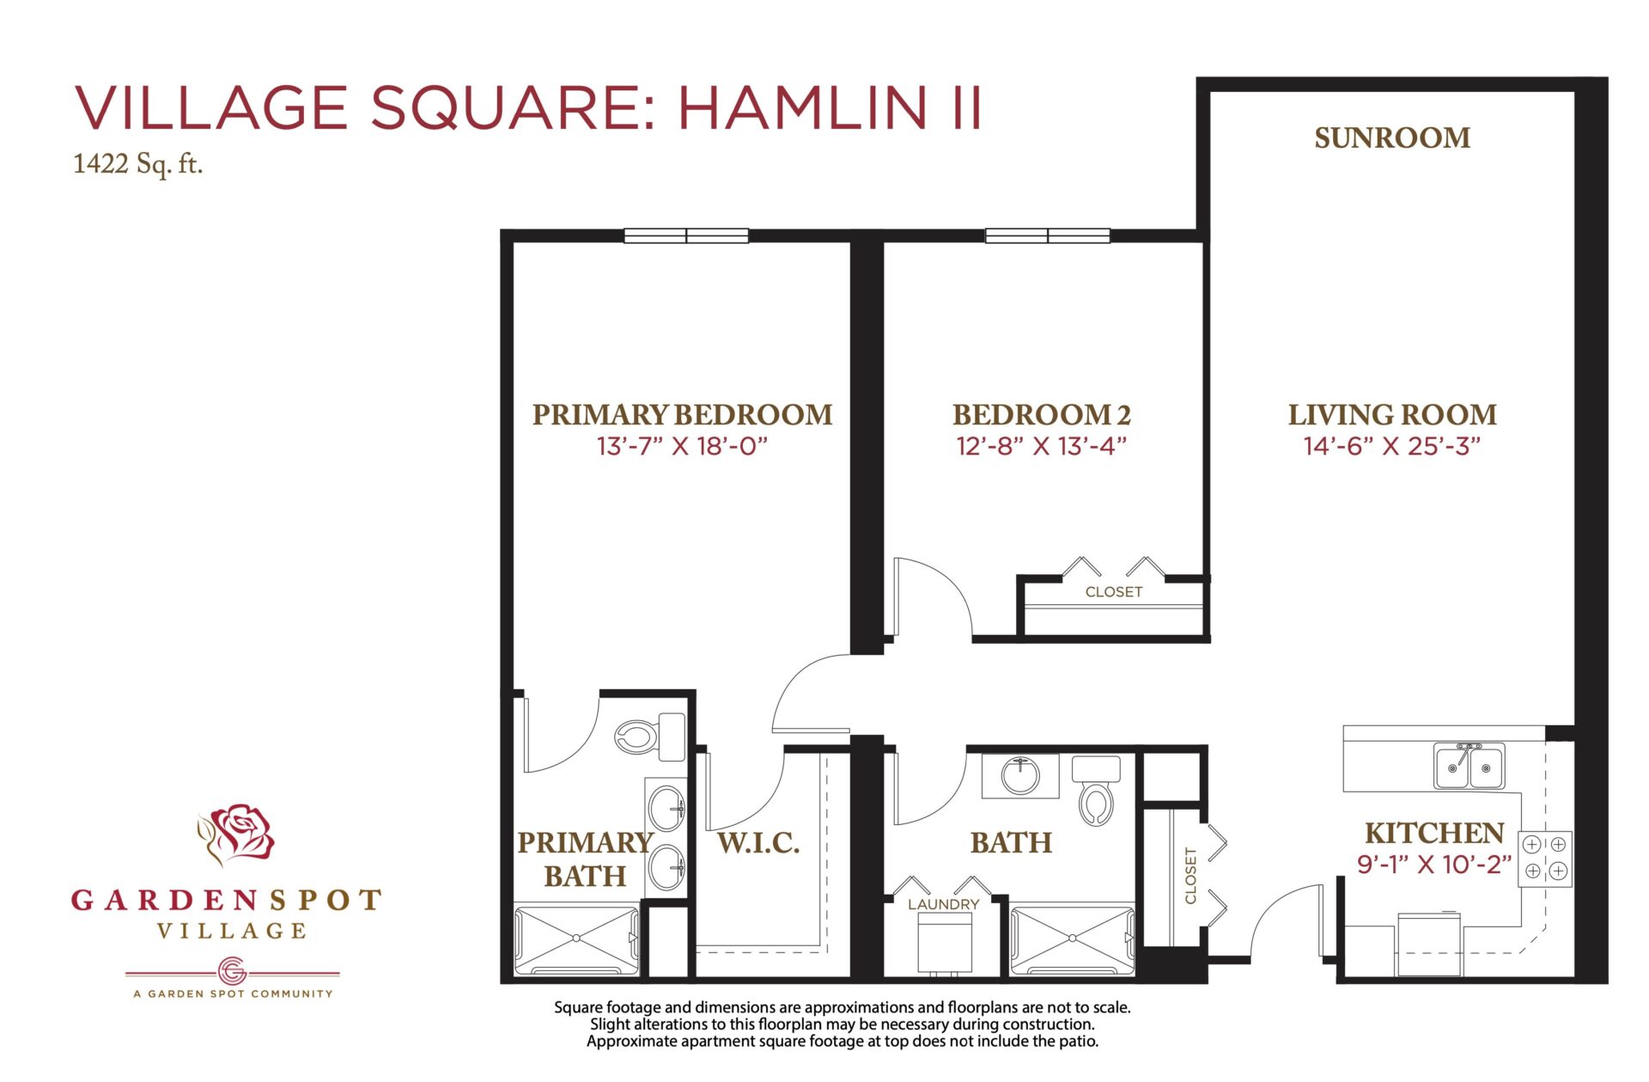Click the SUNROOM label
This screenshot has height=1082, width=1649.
click(x=1392, y=138)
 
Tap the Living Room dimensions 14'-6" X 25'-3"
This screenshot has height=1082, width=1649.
click(x=1392, y=446)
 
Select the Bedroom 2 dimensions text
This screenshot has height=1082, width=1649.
click(x=1041, y=446)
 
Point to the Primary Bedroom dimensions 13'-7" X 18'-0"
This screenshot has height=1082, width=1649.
click(x=682, y=446)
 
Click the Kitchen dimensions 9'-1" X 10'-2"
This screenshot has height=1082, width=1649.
click(x=1434, y=864)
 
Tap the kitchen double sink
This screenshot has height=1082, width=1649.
click(x=1469, y=766)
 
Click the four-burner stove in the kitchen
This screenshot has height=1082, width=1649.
click(x=1545, y=858)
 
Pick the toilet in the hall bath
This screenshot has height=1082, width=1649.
click(x=1097, y=791)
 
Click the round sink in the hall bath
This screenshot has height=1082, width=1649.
click(x=1020, y=776)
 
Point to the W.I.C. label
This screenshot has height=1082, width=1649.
click(x=758, y=843)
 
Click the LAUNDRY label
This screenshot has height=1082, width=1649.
click(x=943, y=904)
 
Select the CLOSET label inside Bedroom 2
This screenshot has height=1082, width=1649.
click(x=1114, y=592)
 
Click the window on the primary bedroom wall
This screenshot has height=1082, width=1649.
click(x=686, y=235)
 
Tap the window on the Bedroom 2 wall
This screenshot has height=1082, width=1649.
click(x=1048, y=235)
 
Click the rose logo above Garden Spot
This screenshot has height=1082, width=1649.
click(x=236, y=834)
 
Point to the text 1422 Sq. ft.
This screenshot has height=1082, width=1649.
click(x=138, y=164)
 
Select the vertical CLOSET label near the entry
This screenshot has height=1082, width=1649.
click(x=1190, y=876)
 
